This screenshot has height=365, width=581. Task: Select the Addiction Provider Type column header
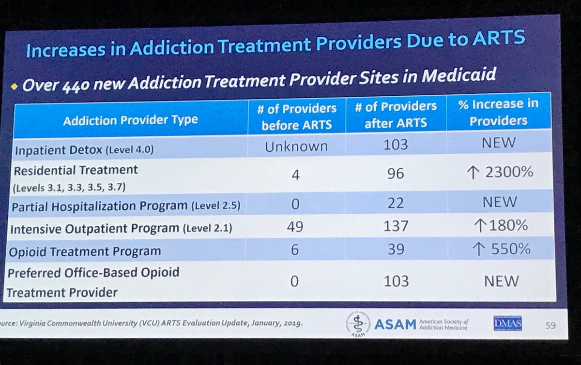pyautogui.click(x=131, y=120)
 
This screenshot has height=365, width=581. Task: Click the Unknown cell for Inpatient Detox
pyautogui.click(x=296, y=146)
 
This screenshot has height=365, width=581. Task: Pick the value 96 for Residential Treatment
pyautogui.click(x=396, y=173)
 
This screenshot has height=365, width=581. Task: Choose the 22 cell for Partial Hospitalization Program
pyautogui.click(x=396, y=202)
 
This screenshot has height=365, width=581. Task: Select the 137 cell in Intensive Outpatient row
pyautogui.click(x=396, y=225)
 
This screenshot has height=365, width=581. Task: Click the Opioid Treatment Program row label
pyautogui.click(x=84, y=251)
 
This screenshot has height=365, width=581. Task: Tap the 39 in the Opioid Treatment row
pyautogui.click(x=396, y=249)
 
